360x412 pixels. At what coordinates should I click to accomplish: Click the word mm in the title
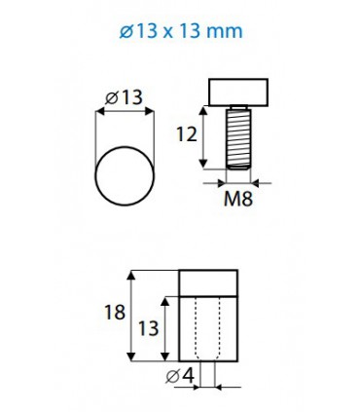225,31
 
